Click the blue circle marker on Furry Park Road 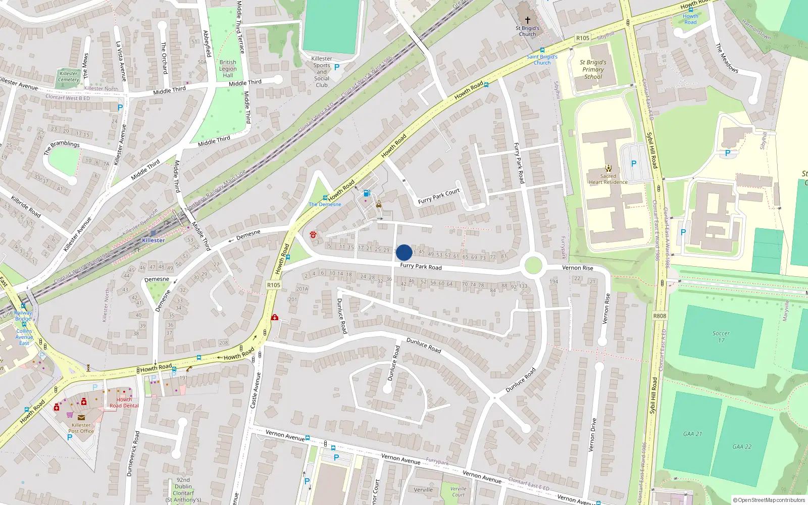404,252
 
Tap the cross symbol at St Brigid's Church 528,20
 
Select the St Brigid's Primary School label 593,70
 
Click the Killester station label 153,240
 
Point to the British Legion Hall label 228,69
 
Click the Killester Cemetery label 69,76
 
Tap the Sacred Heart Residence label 608,179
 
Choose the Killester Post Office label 81,428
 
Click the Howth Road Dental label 124,402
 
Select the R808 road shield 660,316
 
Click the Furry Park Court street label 439,196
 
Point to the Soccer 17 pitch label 721,336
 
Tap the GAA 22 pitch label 742,446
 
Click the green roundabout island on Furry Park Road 533,265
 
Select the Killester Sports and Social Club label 322,72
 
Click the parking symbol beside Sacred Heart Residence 634,164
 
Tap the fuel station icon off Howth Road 367,193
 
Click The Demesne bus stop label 325,205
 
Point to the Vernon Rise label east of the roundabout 578,268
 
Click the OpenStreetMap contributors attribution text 769,500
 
